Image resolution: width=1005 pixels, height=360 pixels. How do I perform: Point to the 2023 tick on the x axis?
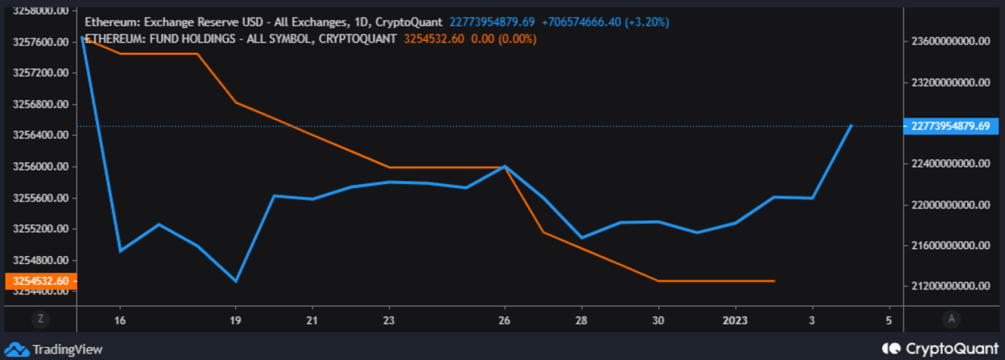735,320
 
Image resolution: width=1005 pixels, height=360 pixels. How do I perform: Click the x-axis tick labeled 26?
504,320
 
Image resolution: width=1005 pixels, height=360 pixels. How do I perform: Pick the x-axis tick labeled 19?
236,320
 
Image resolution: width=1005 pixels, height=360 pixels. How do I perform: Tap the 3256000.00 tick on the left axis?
41,167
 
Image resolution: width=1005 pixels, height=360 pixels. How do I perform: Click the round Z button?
41,319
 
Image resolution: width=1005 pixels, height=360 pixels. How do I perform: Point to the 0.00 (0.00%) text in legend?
503,39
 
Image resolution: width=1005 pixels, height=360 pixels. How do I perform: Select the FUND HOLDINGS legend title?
241,39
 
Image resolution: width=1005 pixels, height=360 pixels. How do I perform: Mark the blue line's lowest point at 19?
236,281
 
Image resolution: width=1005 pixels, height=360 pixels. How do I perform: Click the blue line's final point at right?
851,125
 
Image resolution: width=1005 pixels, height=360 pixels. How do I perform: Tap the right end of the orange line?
775,281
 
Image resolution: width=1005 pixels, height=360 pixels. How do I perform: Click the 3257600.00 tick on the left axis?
41,42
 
